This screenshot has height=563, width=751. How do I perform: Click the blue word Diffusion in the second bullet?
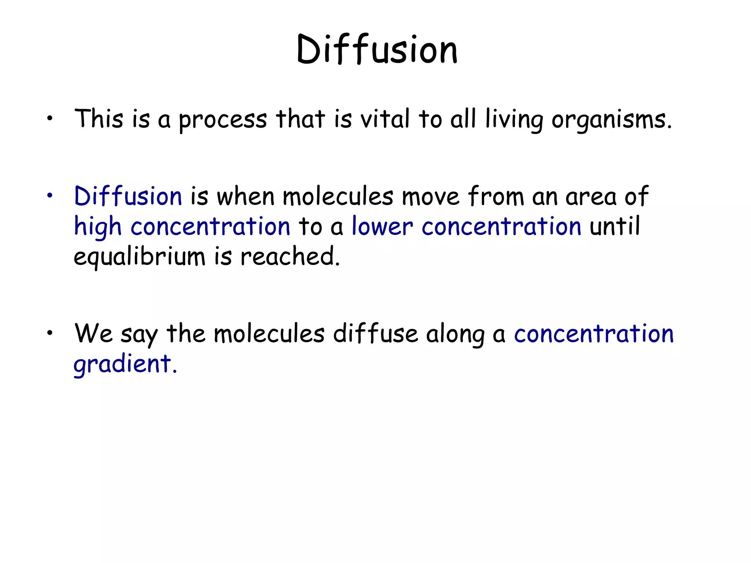tap(128, 196)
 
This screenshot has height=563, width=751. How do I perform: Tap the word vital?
tap(385, 119)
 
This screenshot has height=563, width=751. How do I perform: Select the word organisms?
tap(612, 120)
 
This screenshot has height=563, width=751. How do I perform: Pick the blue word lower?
tap(382, 226)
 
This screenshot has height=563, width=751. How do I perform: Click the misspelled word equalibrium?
tap(139, 257)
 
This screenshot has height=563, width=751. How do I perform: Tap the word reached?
tap(290, 256)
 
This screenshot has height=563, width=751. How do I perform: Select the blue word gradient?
tap(125, 364)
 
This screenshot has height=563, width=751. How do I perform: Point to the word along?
tap(455, 335)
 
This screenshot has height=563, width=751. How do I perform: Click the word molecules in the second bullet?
tap(338, 196)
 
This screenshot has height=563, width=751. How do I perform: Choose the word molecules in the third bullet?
tap(269, 334)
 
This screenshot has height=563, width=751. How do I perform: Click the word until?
tap(615, 226)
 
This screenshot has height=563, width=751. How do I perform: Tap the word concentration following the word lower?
tap(501, 226)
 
